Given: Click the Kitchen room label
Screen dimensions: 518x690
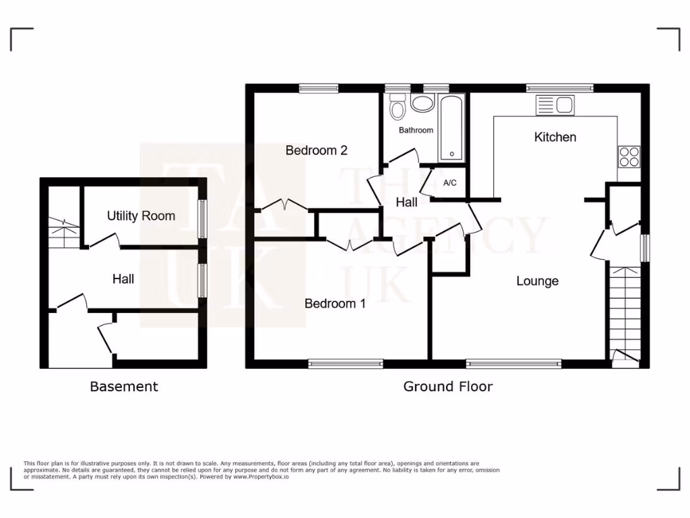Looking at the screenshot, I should point(555,137).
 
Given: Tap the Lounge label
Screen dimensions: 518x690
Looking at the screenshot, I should point(537,281).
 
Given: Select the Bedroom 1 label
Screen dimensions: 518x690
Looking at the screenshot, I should point(335,304).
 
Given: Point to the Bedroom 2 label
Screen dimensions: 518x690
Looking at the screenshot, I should point(316,150).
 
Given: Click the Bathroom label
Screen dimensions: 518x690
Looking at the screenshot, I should point(416,129).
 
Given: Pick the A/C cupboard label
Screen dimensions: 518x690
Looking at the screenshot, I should point(450,183).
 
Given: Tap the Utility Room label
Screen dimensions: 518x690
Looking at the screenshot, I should point(141,216).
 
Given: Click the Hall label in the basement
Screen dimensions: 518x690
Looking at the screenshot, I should point(123,279).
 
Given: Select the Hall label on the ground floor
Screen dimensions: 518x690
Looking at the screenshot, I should point(406,202).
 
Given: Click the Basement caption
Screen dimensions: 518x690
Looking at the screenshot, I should point(124,386).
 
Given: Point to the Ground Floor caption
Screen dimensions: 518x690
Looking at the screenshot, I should point(447,386).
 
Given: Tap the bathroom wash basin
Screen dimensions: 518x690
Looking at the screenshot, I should point(422,105).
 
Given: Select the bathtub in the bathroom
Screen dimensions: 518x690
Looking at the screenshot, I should point(451,127).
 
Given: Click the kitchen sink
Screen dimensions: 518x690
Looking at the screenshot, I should point(554,105).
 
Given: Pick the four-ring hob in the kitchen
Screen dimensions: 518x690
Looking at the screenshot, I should point(629,156).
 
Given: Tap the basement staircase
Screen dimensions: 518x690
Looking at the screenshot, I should point(63,229).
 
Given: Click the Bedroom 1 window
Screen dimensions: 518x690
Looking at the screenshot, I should point(346,364).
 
